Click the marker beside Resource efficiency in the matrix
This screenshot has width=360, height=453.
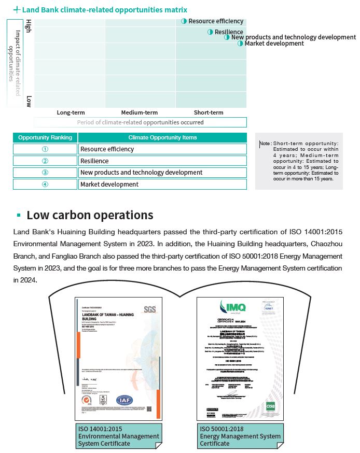coord(184,21)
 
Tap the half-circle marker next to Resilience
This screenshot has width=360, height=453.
coord(210,32)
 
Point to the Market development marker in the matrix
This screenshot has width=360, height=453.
coord(240,44)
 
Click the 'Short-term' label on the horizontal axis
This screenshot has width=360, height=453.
coord(209,112)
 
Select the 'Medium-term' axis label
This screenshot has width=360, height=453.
coord(139,112)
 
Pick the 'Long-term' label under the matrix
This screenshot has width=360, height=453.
coord(71,112)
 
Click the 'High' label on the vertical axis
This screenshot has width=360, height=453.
coord(29,25)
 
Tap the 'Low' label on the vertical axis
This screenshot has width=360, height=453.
coord(29,101)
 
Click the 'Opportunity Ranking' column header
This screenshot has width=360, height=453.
coord(45,137)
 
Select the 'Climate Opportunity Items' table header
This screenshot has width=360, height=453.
coord(162,137)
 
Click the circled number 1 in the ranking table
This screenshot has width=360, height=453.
coord(45,149)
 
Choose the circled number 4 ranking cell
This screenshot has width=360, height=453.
coord(45,185)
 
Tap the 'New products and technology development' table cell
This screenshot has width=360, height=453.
coord(141,173)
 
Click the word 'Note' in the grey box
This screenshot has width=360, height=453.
coord(265,144)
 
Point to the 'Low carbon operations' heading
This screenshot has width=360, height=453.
coord(90,215)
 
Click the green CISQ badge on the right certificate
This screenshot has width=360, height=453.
coord(270,405)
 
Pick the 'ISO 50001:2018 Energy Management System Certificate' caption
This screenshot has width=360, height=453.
coord(240,436)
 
